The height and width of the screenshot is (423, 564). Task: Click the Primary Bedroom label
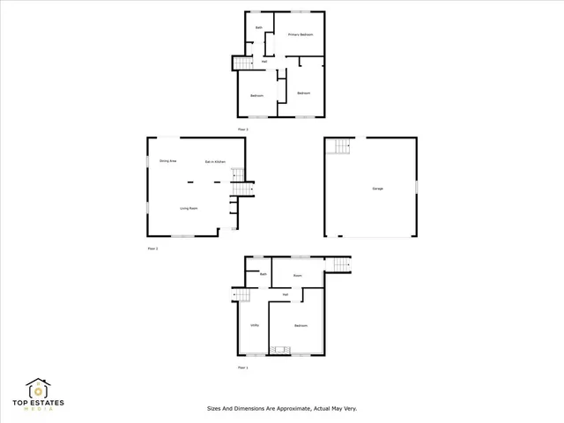301,34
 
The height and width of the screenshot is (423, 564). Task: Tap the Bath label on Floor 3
259,28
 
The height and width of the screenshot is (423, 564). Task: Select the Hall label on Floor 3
264,61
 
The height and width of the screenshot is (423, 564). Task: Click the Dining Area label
168,161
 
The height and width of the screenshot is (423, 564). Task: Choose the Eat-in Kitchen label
217,161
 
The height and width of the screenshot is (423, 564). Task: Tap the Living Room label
188,208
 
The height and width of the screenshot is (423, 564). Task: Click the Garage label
377,189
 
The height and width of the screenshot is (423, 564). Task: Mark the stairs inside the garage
341,146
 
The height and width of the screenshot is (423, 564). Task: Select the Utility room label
254,325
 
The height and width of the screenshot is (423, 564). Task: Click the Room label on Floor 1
298,276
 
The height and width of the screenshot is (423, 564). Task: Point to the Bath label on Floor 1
263,275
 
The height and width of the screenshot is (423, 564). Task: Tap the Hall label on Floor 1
286,293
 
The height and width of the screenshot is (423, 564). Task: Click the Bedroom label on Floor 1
301,325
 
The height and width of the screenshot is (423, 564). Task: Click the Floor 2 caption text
152,249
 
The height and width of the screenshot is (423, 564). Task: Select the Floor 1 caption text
243,367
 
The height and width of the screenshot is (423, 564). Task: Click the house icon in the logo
37,389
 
